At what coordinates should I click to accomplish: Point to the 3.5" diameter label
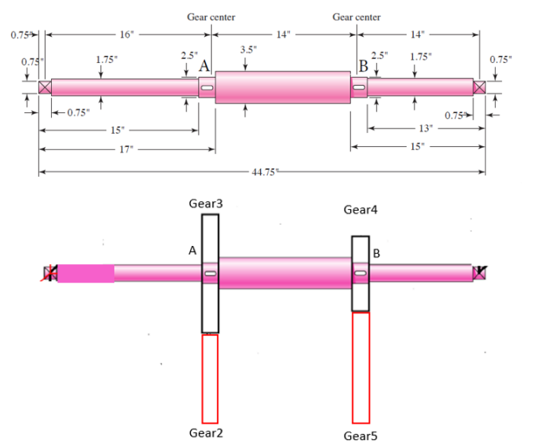tap(247, 50)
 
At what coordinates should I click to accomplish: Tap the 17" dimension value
tap(125, 149)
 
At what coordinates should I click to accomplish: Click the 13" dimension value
tap(426, 128)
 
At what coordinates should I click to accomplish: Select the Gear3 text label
tap(207, 204)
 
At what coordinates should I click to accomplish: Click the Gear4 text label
tap(361, 210)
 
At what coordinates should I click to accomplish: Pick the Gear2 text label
tap(207, 433)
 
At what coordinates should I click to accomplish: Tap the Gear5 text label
tap(361, 435)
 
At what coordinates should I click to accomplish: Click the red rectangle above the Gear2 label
tap(210, 379)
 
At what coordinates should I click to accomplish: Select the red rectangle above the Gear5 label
tap(361, 368)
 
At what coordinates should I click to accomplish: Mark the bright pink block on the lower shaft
tap(86, 274)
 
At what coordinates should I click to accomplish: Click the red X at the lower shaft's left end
tap(51, 274)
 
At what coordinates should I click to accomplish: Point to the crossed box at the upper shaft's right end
tap(480, 87)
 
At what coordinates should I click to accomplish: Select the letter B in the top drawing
tap(363, 65)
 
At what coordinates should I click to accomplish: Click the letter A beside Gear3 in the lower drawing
tap(192, 250)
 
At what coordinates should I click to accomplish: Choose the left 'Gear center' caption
tap(210, 17)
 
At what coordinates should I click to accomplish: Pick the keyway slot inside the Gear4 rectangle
tap(361, 274)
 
